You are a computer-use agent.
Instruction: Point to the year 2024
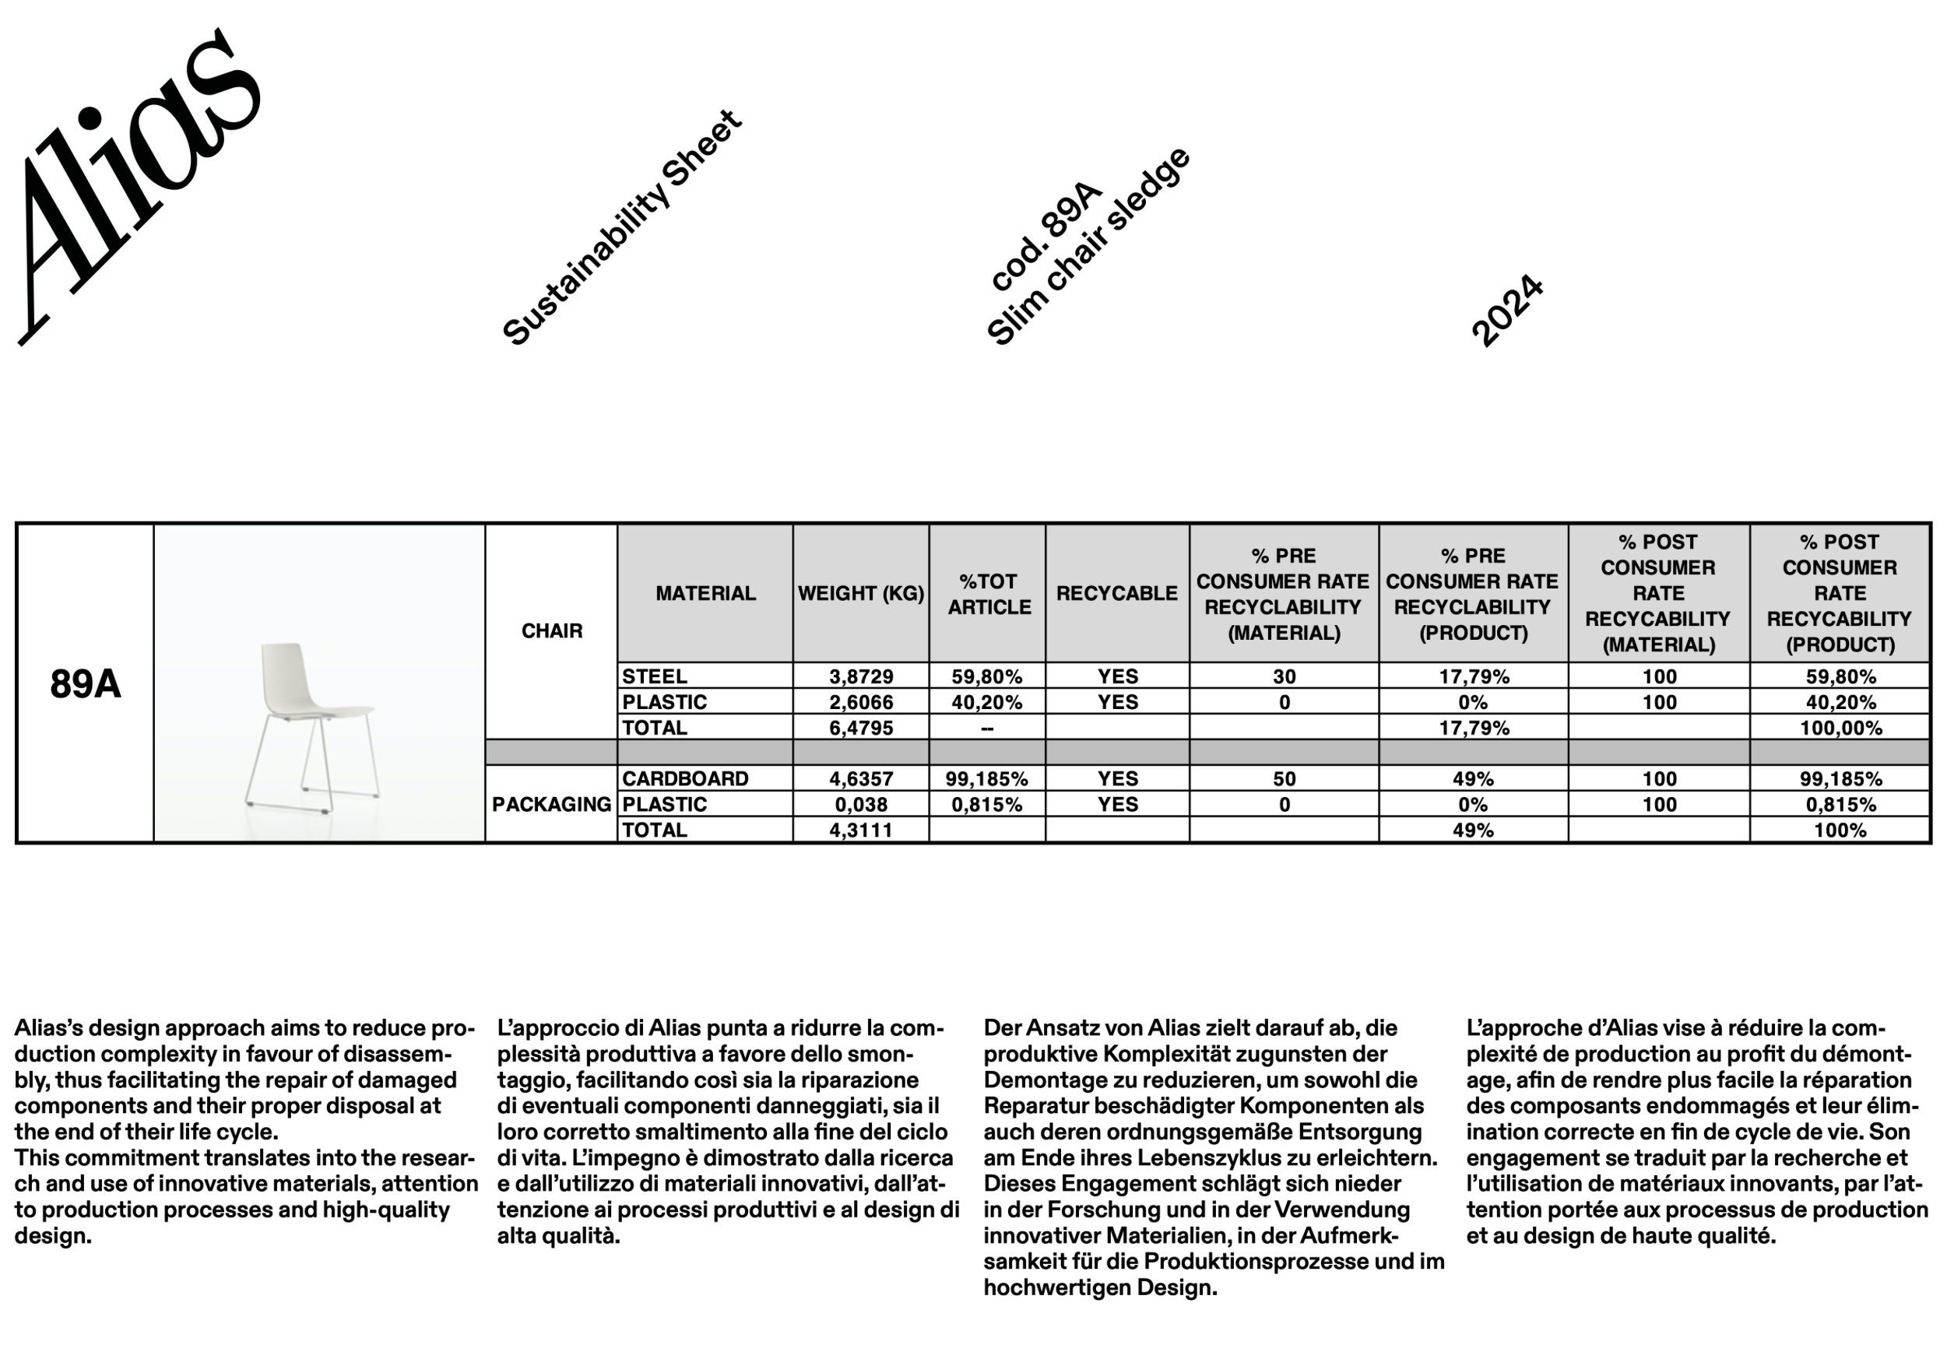(1506, 311)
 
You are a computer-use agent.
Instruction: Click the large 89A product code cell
(85, 684)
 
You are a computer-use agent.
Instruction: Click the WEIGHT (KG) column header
(860, 593)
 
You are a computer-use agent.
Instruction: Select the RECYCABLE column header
(1116, 593)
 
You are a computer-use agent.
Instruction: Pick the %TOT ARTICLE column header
(988, 594)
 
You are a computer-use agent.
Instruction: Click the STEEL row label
(655, 676)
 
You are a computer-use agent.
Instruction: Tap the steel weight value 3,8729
(861, 676)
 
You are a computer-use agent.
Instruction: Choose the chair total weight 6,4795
(861, 728)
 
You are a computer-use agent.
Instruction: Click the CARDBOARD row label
(685, 778)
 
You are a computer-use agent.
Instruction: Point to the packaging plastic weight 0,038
(861, 804)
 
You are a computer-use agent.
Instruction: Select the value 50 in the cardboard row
(1285, 778)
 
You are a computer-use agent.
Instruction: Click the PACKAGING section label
(551, 804)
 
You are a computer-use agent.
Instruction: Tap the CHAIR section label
(551, 630)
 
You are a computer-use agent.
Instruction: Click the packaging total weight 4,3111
(861, 830)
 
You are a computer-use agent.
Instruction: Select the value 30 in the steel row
(1285, 676)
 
